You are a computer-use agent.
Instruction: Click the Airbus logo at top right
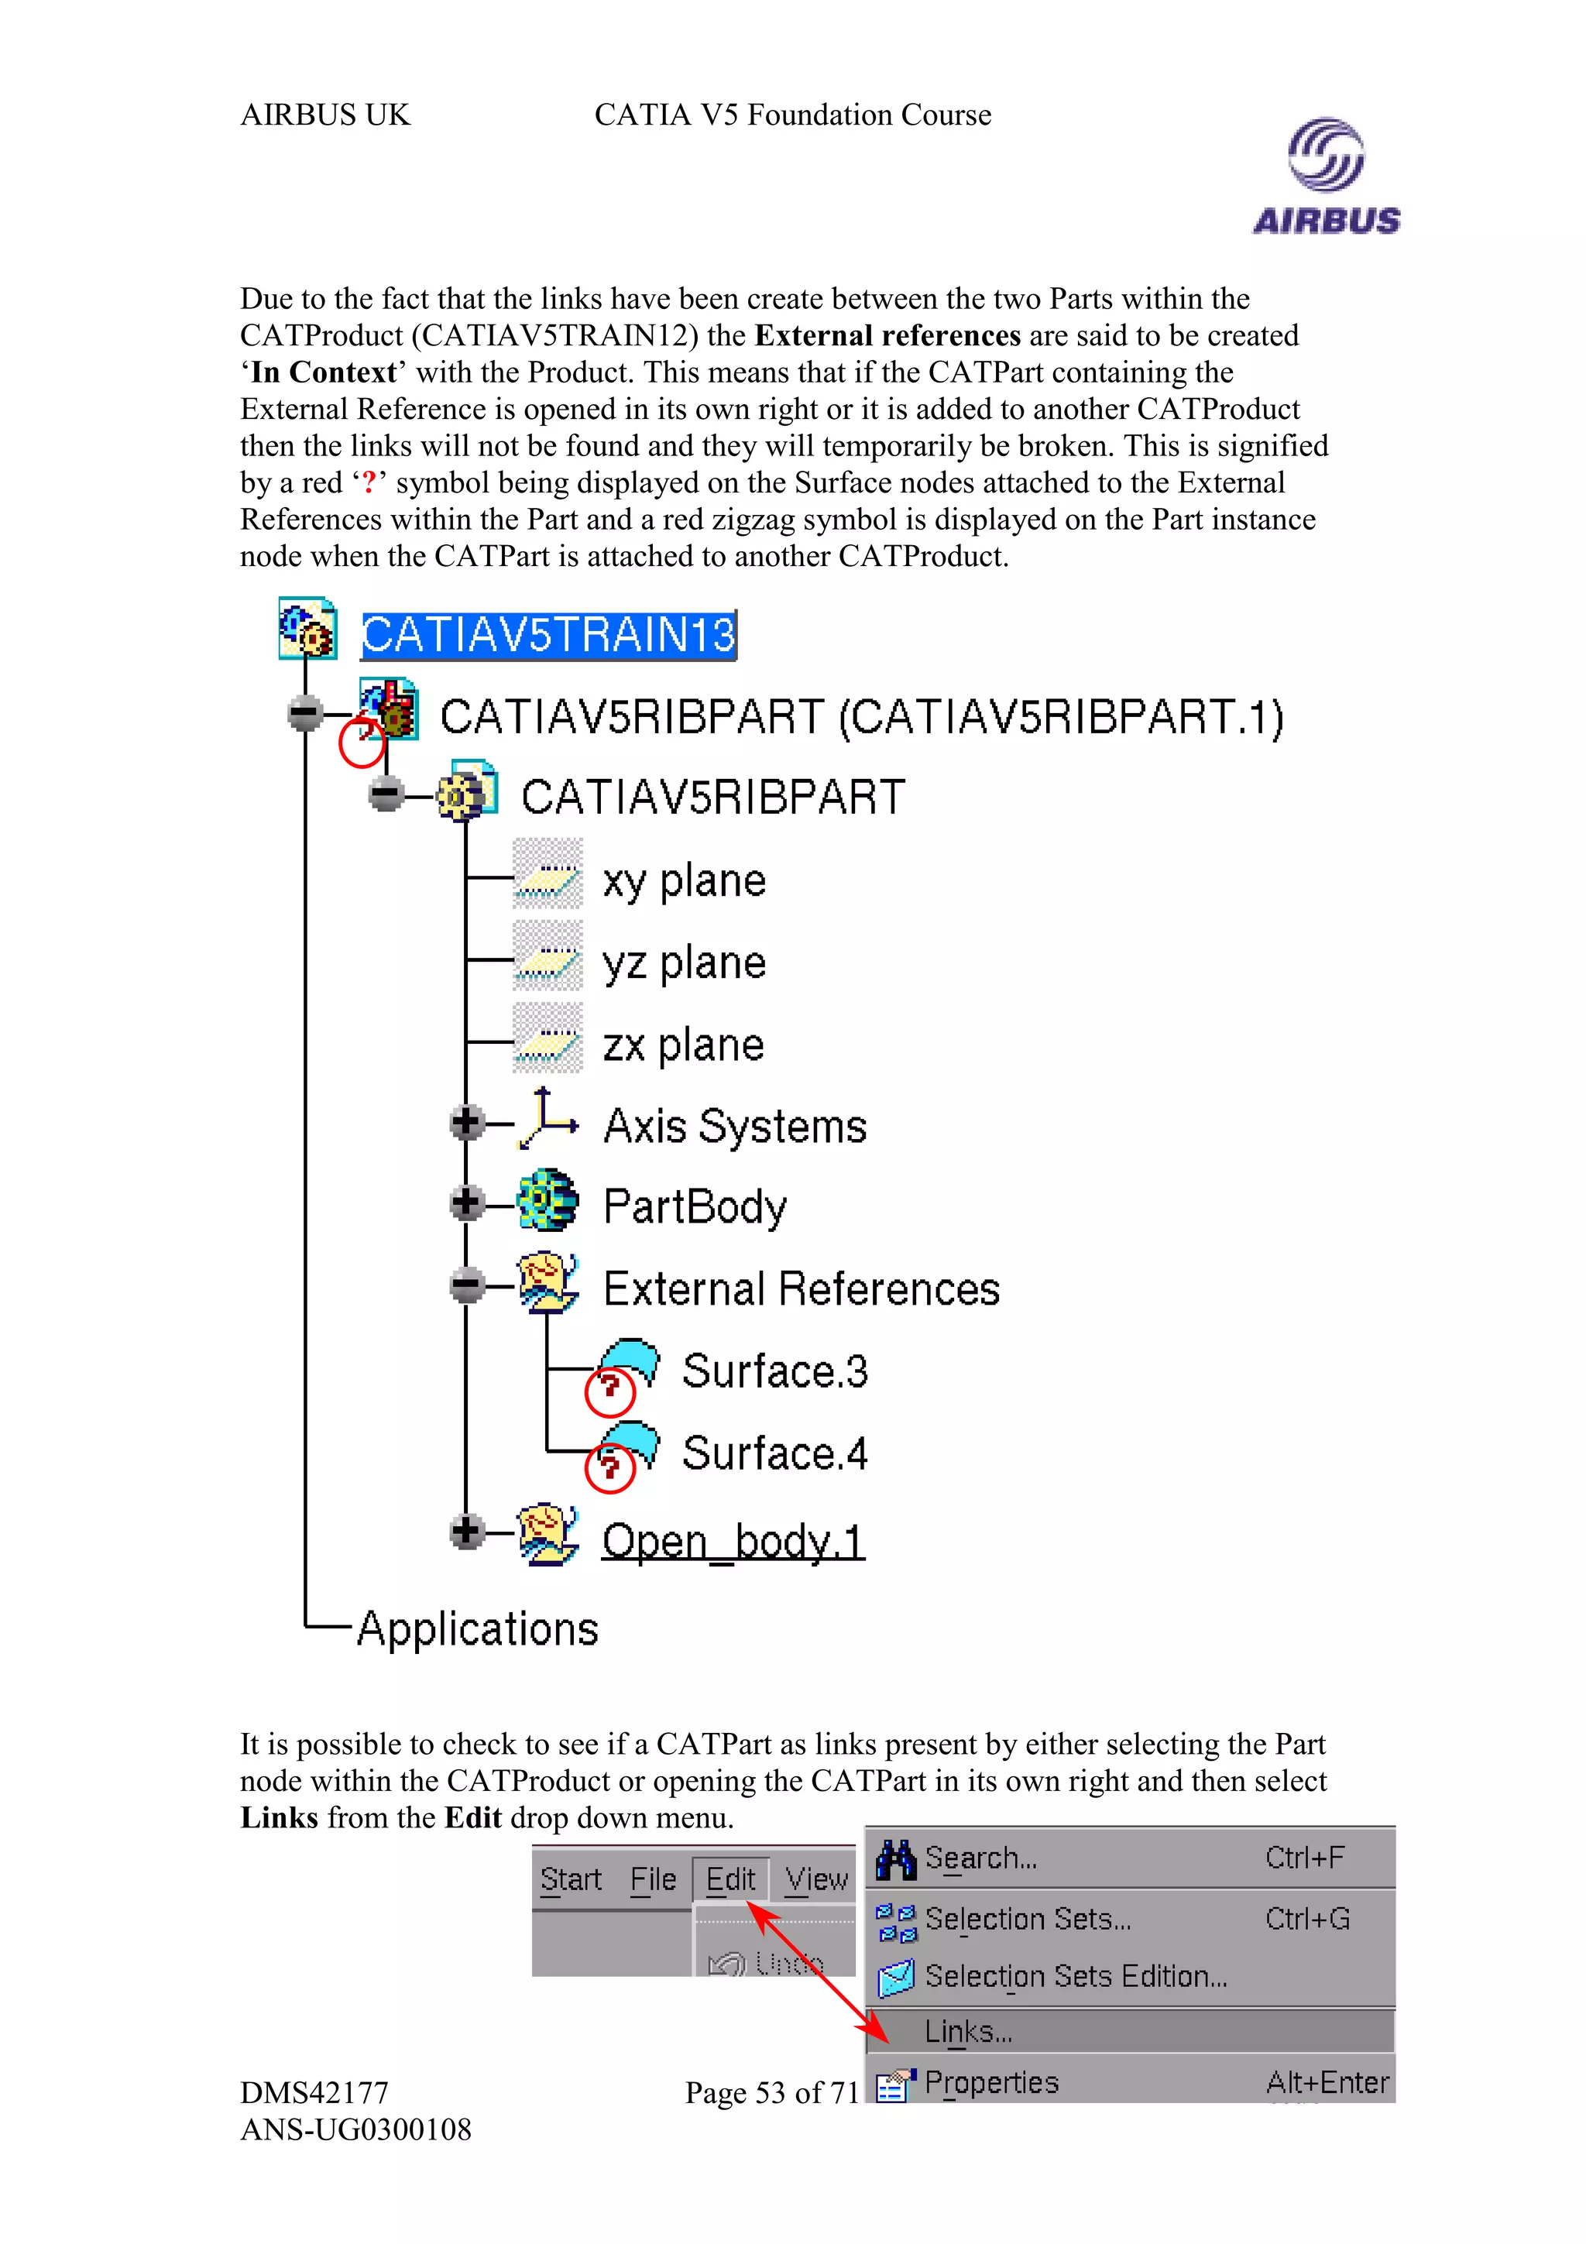(x=1325, y=176)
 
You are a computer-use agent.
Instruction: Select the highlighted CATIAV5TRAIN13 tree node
(x=548, y=634)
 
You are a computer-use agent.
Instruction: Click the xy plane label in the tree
(x=684, y=881)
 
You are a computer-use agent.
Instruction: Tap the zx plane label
(x=683, y=1046)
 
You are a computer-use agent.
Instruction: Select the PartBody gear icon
(x=548, y=1201)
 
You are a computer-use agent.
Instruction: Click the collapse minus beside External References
(x=467, y=1285)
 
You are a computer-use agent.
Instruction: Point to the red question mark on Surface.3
(x=609, y=1386)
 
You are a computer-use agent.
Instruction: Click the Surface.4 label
(x=774, y=1453)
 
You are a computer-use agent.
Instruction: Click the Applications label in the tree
(x=477, y=1629)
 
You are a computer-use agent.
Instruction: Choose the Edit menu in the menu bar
(x=730, y=1879)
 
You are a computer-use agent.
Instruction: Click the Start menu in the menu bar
(x=571, y=1879)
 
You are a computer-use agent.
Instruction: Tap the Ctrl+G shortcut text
(x=1306, y=1920)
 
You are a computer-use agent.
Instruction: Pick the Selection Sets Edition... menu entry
(x=1075, y=1976)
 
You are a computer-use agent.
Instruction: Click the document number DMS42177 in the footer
(x=314, y=2092)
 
